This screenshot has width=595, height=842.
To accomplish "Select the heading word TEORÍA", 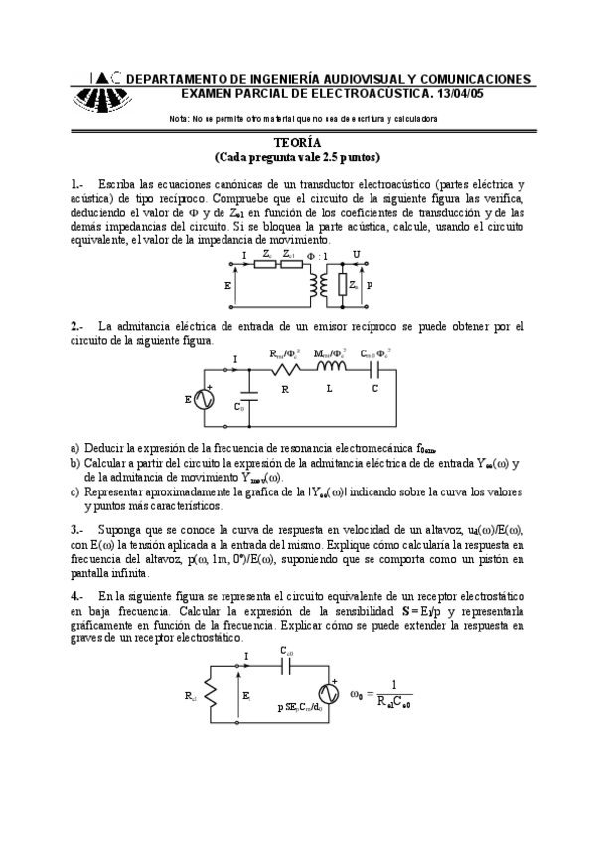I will coord(297,142).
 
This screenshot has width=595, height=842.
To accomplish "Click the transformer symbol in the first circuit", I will coord(319,286).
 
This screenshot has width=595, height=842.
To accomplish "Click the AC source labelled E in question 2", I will coord(206,399).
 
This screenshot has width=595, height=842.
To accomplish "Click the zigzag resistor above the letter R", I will coord(286,369).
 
